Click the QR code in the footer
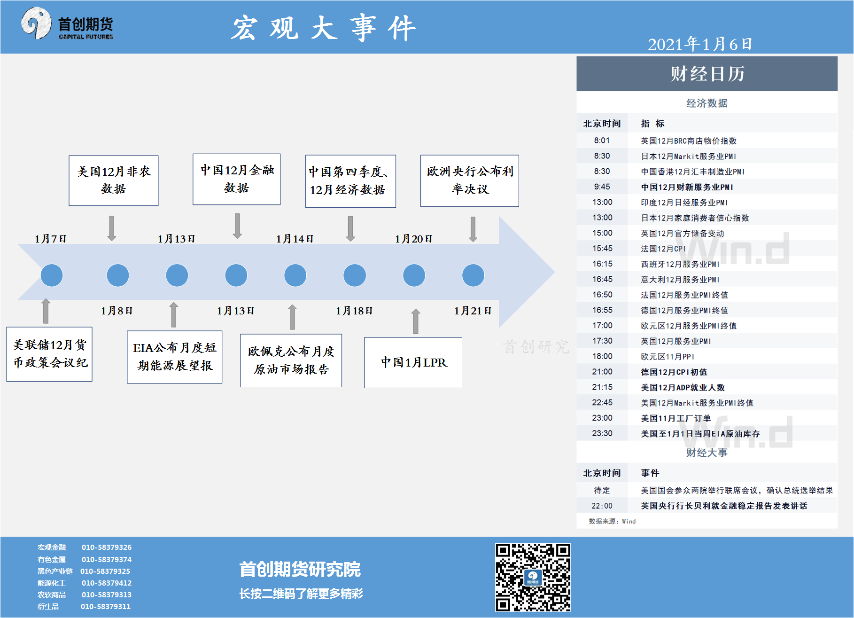pos(533,578)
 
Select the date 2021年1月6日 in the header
pos(700,44)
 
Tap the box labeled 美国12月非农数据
pos(114,180)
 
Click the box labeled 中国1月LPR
pos(413,362)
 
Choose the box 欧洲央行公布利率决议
pos(470,181)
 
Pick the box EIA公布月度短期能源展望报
pos(174,357)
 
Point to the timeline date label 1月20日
pos(413,239)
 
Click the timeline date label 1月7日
pos(50,239)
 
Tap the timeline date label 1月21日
pos(473,311)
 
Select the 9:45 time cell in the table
pos(602,187)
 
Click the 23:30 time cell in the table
pos(602,433)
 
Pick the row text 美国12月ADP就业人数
pos(683,387)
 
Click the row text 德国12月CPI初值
pos(674,372)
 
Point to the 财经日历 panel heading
pos(707,74)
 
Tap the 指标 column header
pos(652,124)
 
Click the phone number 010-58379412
pos(107,583)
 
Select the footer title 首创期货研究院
pos(300,569)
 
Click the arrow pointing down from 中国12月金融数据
pos(238,226)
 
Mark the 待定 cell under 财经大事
pos(602,490)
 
